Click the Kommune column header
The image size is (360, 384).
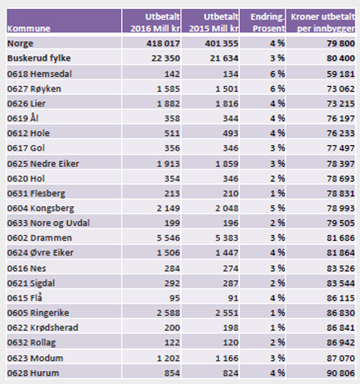coord(29,29)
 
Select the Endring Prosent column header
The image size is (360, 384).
coord(268,23)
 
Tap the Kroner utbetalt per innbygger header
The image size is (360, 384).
coord(323,23)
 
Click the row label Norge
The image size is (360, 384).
coord(20,43)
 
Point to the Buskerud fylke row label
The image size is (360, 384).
coord(39,58)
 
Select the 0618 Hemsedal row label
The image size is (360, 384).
coord(39,74)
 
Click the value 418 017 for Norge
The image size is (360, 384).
coord(163,43)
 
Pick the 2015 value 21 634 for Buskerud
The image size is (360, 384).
coord(224,58)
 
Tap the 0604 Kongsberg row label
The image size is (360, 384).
coord(41,209)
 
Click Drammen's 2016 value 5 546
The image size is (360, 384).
coord(169,238)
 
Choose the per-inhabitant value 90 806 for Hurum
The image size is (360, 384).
coord(341,373)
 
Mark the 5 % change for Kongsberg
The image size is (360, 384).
coord(277,209)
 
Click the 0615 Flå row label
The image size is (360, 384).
coord(25,298)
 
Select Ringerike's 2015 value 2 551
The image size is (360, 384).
coord(227,313)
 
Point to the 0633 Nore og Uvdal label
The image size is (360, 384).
coord(48,224)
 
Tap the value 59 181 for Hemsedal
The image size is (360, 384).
coord(341,74)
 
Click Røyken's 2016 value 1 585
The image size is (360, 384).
coord(169,89)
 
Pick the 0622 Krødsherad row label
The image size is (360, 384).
coord(43,328)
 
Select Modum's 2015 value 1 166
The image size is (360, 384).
coord(227,359)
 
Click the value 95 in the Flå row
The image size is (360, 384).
coord(174,298)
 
